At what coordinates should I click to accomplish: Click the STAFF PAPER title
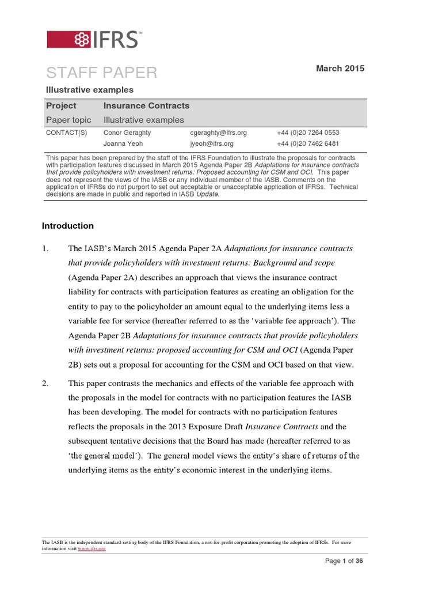pyautogui.click(x=101, y=73)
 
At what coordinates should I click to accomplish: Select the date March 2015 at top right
pyautogui.click(x=340, y=69)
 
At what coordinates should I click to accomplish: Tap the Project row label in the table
pyautogui.click(x=61, y=106)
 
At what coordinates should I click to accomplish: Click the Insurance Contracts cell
pyautogui.click(x=146, y=106)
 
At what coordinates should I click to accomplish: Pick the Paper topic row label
pyautogui.click(x=68, y=120)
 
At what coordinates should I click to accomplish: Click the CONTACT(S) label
pyautogui.click(x=66, y=133)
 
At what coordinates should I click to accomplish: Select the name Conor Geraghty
pyautogui.click(x=127, y=133)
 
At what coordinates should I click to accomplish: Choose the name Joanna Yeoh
pyautogui.click(x=123, y=144)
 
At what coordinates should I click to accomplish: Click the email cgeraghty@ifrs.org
pyautogui.click(x=218, y=133)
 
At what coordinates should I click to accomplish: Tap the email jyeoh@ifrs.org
pyautogui.click(x=212, y=144)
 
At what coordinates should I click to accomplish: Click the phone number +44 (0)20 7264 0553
pyautogui.click(x=308, y=133)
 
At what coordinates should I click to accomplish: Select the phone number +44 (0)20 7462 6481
pyautogui.click(x=308, y=144)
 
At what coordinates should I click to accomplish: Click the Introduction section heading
pyautogui.click(x=68, y=226)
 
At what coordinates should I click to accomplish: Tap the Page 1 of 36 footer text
pyautogui.click(x=344, y=561)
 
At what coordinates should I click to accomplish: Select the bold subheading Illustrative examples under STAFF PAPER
pyautogui.click(x=89, y=90)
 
